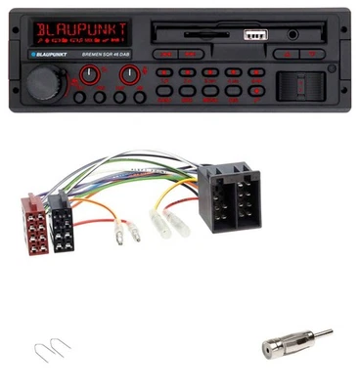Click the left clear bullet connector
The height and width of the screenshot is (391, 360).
click(x=120, y=233)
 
